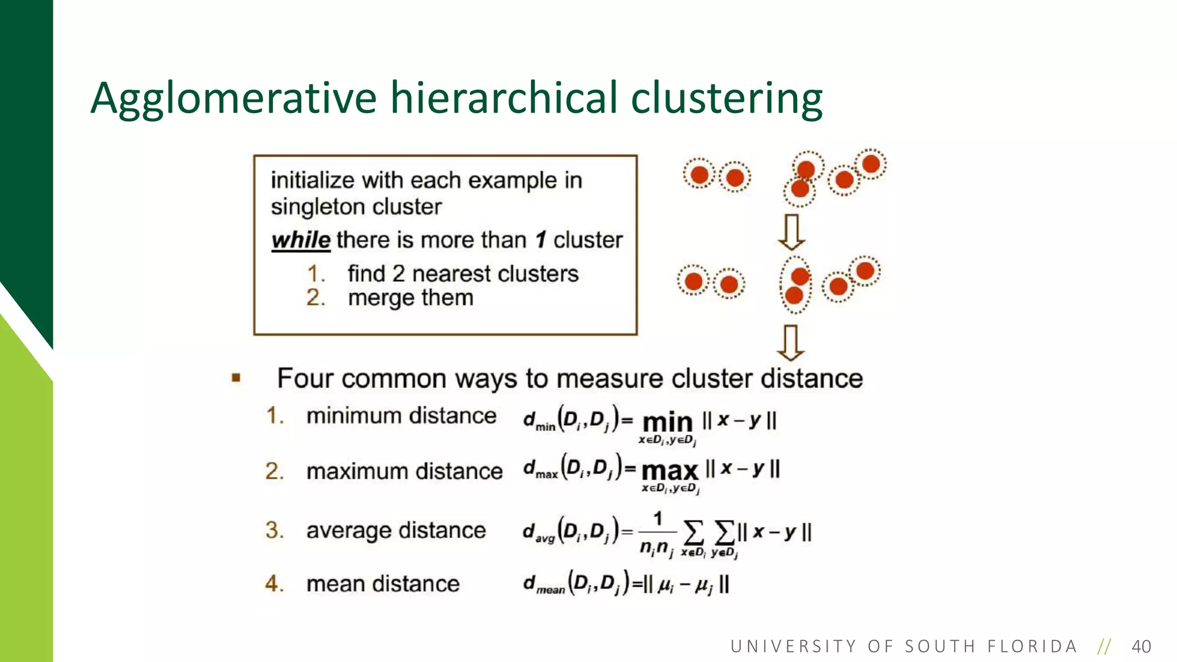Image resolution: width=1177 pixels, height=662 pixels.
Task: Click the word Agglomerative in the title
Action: pyautogui.click(x=233, y=98)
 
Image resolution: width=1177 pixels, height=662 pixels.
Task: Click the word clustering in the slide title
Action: pyautogui.click(x=726, y=98)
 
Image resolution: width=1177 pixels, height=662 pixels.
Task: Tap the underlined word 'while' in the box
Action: pyautogui.click(x=301, y=240)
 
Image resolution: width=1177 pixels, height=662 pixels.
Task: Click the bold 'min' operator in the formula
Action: pyautogui.click(x=667, y=422)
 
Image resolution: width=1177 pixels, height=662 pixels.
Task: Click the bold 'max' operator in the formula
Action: pyautogui.click(x=670, y=471)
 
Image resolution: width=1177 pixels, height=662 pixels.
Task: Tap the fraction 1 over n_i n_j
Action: pyautogui.click(x=657, y=533)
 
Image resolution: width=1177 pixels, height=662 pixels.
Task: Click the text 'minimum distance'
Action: pyautogui.click(x=401, y=415)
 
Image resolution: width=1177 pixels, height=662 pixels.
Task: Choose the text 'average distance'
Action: pyautogui.click(x=396, y=530)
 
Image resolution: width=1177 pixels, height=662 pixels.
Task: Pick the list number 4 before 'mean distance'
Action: pyautogui.click(x=274, y=584)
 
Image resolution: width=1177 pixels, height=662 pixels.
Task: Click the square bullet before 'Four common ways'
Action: pyautogui.click(x=236, y=378)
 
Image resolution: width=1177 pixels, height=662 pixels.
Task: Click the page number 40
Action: pyautogui.click(x=1141, y=646)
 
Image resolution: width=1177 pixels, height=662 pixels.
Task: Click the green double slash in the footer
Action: pyautogui.click(x=1103, y=646)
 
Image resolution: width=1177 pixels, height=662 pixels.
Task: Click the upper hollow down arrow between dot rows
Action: pyautogui.click(x=791, y=232)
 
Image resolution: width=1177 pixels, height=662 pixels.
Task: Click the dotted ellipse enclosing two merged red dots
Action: pyautogui.click(x=796, y=285)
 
